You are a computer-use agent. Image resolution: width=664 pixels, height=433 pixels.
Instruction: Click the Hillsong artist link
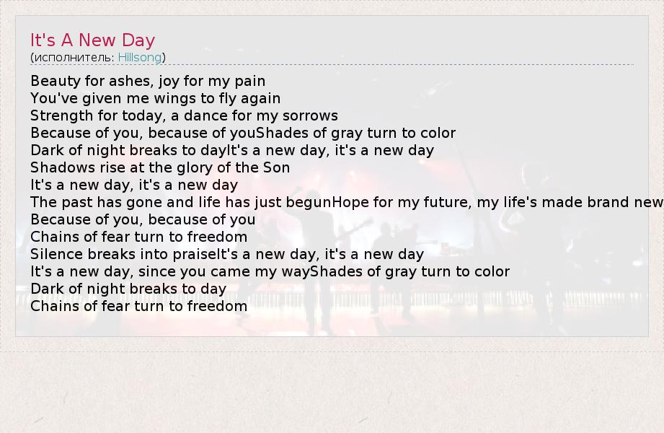[x=140, y=57]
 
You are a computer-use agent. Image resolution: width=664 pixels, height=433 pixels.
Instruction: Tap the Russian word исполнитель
[x=74, y=57]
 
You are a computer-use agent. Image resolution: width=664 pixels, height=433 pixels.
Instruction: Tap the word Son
[x=277, y=167]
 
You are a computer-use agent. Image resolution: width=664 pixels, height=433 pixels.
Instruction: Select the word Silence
[x=57, y=254]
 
